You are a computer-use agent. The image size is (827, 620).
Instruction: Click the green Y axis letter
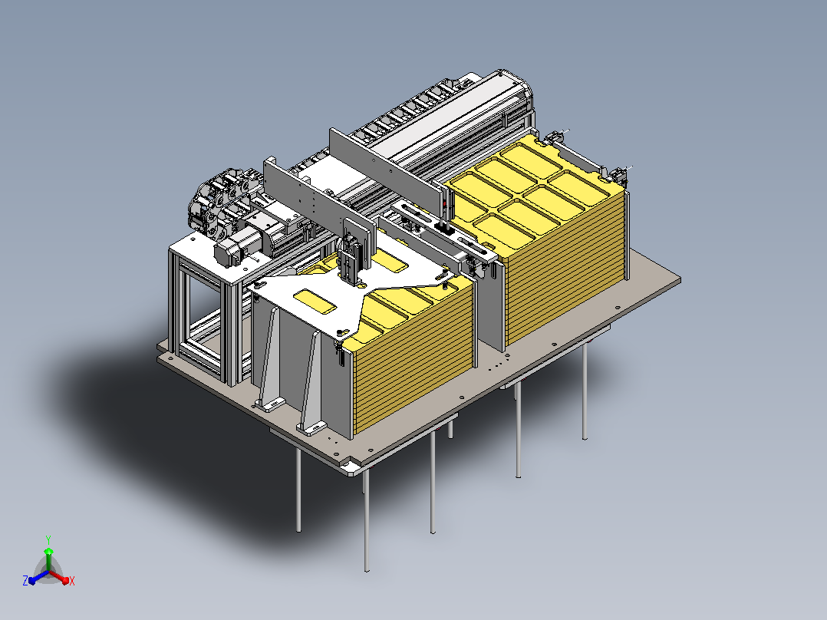48,539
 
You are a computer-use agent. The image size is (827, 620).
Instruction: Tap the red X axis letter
72,581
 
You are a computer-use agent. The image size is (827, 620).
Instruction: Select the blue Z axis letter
25,580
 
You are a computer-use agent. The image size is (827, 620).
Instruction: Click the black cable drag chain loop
216,200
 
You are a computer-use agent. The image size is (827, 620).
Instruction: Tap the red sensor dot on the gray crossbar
444,205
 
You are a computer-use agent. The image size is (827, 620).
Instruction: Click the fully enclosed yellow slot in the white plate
315,301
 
